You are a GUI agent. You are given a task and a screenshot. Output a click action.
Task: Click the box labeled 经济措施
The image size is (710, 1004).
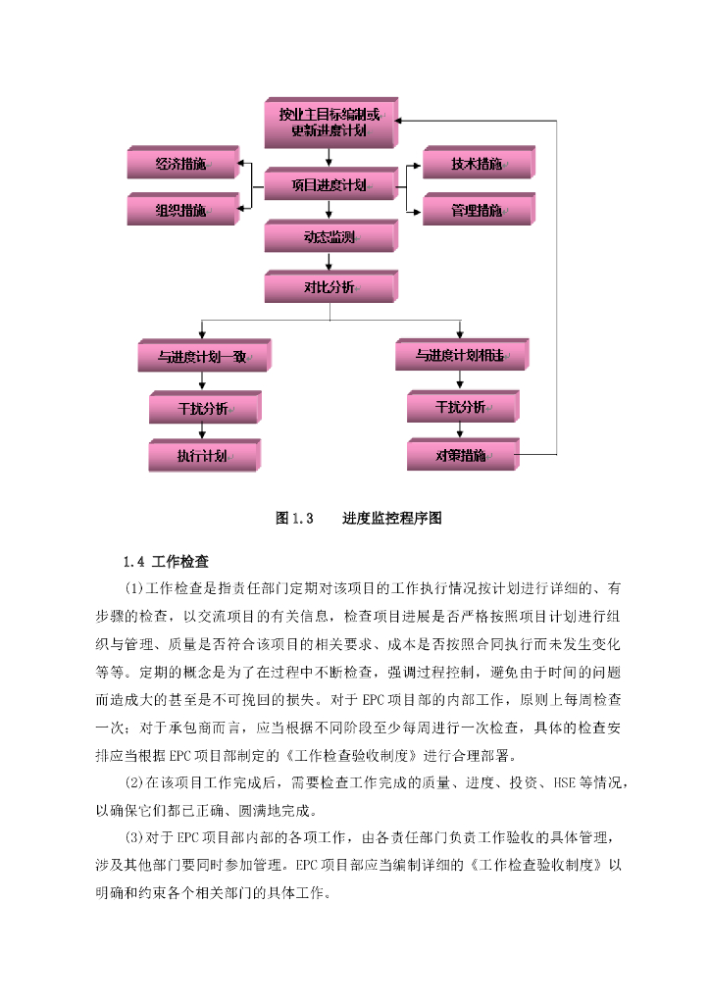(183, 163)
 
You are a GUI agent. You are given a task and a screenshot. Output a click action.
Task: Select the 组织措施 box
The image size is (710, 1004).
(183, 210)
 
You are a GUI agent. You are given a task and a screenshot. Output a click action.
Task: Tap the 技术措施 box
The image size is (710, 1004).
(479, 163)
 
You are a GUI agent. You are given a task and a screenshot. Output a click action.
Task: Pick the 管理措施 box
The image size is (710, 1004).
(479, 210)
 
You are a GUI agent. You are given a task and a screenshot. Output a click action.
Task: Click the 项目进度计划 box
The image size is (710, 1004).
(331, 184)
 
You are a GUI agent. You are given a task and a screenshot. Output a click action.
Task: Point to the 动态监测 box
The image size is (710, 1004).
(331, 236)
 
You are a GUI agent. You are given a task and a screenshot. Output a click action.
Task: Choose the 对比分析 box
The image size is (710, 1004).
(331, 286)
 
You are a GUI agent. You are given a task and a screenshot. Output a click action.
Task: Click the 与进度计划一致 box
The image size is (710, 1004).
(205, 356)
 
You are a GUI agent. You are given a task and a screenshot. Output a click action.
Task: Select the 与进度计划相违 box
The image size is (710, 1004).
(462, 355)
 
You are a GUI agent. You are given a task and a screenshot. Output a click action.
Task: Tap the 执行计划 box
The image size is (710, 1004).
(205, 455)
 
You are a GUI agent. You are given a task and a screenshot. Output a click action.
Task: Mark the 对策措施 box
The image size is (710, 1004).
(463, 455)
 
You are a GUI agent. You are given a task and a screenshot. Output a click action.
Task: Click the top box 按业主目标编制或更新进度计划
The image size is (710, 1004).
(331, 123)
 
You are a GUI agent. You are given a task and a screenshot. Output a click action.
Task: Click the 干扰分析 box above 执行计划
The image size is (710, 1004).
(205, 407)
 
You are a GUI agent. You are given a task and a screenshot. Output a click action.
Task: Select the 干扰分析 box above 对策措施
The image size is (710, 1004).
(463, 406)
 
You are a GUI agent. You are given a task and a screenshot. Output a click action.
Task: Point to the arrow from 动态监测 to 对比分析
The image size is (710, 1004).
(330, 261)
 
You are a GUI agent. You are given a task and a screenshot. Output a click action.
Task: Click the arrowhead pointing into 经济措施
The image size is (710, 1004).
(240, 164)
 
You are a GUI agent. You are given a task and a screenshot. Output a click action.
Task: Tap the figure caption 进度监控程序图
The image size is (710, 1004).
(392, 518)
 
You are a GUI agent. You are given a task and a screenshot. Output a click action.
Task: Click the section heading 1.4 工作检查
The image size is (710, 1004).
(166, 562)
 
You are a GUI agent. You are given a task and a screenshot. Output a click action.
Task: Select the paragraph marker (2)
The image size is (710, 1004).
(133, 782)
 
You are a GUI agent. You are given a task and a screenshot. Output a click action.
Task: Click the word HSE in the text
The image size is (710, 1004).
(564, 782)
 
